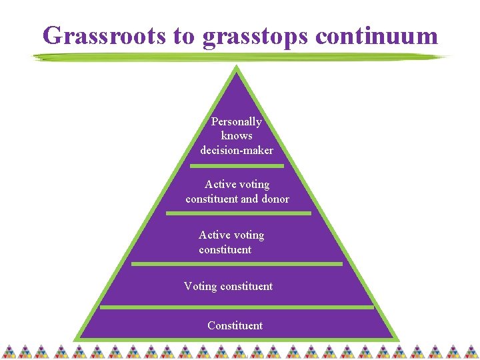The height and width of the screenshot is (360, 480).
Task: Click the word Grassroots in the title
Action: [104, 35]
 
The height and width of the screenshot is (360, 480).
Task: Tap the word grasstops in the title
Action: [256, 37]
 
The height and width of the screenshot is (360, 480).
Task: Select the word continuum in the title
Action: [377, 35]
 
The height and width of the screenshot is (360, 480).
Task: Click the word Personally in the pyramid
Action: [236, 122]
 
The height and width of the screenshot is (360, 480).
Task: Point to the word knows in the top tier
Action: [237, 136]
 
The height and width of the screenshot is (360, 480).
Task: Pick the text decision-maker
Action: [237, 151]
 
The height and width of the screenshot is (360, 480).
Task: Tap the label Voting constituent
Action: [228, 286]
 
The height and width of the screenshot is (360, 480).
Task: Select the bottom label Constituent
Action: [235, 325]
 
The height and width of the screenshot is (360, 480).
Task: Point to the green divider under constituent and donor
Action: [238, 213]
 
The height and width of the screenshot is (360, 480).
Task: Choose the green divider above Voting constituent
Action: [237, 264]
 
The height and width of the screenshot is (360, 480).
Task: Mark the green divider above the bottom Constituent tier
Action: [237, 307]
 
